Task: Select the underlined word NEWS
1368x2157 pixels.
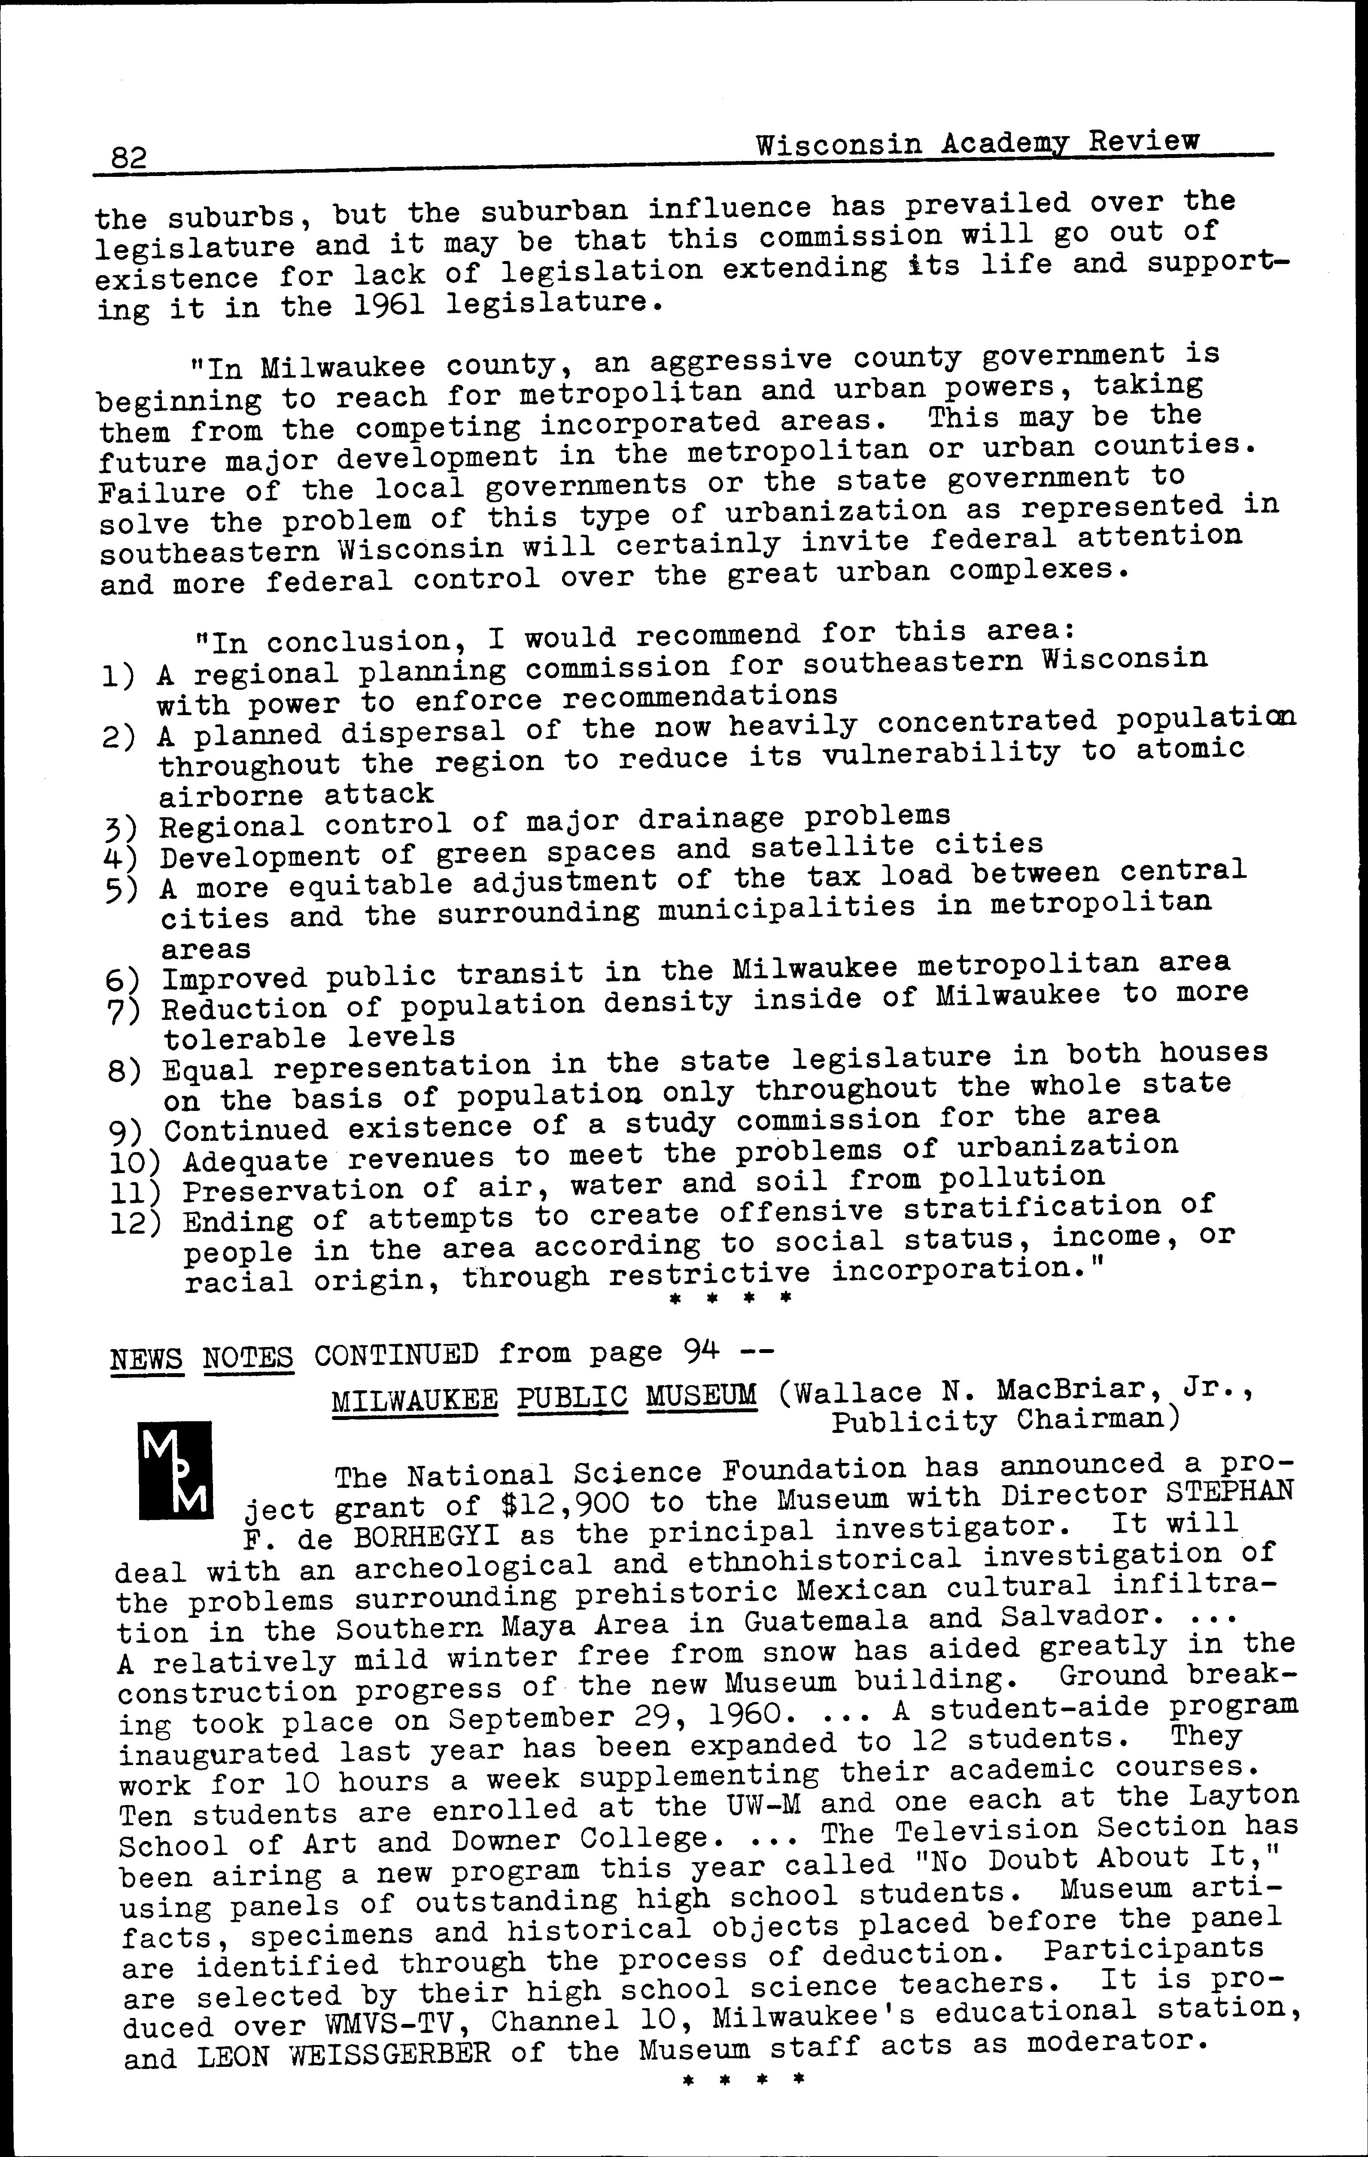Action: point(147,1358)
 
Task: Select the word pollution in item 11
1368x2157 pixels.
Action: point(1021,1177)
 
